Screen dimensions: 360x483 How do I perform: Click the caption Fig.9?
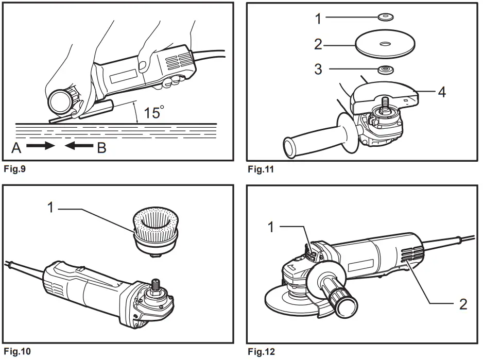coord(14,169)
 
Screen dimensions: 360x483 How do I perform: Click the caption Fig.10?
coord(16,352)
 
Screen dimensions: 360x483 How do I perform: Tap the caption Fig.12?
coord(262,352)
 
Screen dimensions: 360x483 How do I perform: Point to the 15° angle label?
coord(154,112)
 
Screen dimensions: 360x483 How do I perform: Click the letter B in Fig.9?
coord(101,148)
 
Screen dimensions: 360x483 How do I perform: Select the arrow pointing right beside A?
coord(41,146)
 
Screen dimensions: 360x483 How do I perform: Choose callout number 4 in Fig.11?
coord(441,92)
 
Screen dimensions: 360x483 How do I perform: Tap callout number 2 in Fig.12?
coord(463,304)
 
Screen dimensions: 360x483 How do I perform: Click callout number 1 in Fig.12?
coord(272,227)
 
